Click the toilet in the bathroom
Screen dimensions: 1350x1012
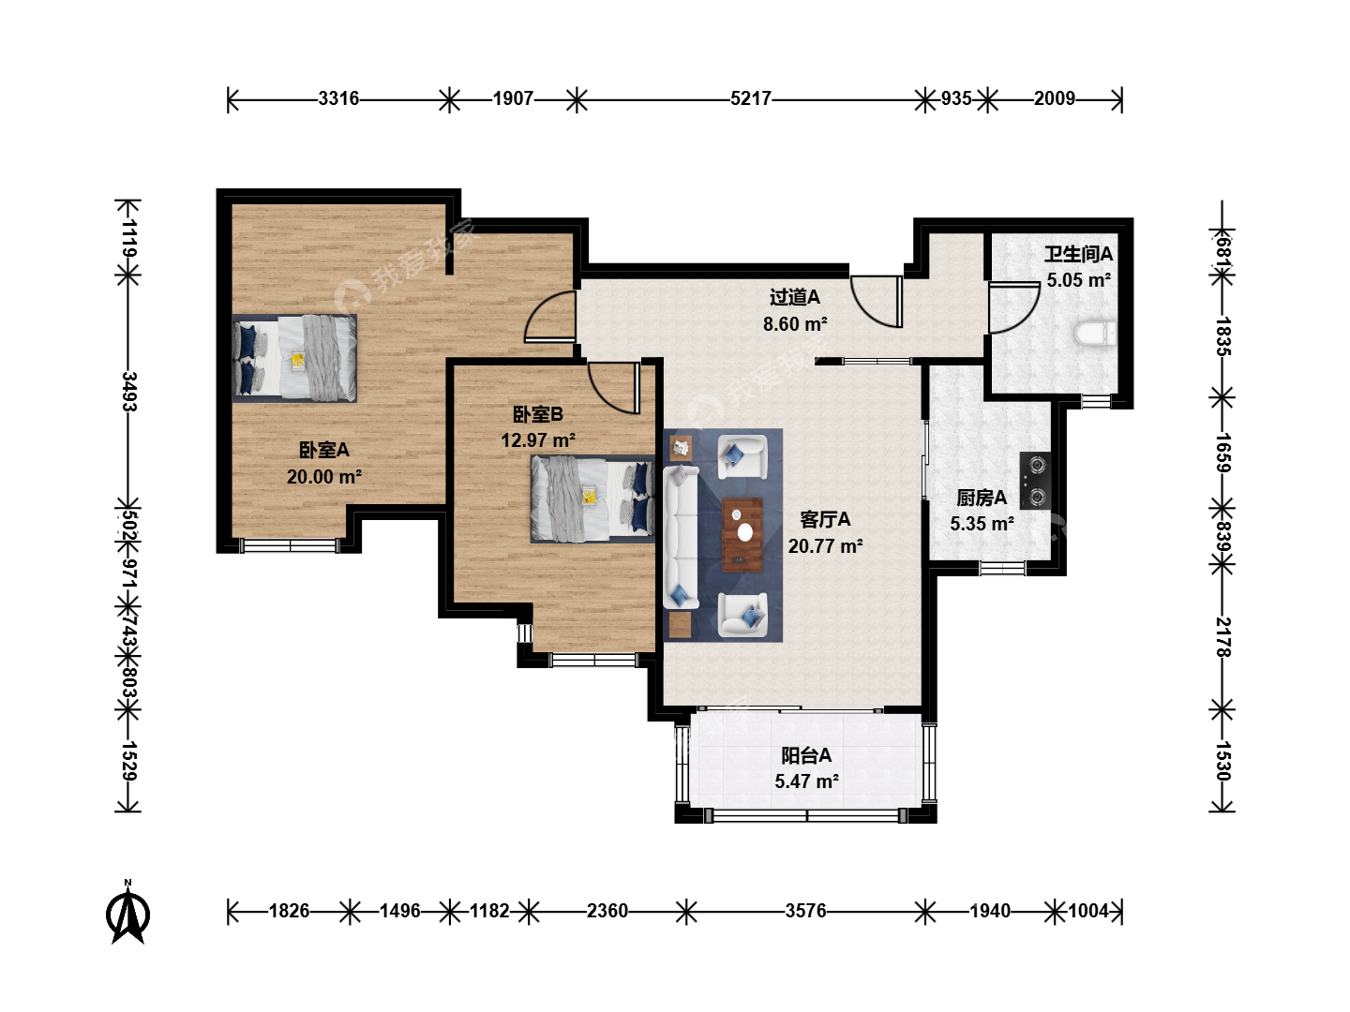(x=1095, y=334)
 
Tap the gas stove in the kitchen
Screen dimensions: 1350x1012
(x=1035, y=481)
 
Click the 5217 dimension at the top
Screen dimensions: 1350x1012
(x=750, y=98)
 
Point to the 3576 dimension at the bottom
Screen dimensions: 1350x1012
(x=805, y=910)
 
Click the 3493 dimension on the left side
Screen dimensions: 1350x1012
(x=129, y=391)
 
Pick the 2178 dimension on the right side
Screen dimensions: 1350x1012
(x=1223, y=637)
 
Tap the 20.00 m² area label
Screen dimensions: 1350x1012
(x=324, y=476)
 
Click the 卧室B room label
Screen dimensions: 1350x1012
(x=537, y=414)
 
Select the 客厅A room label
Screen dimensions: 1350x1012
(x=825, y=519)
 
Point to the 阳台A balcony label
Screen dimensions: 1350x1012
(x=806, y=754)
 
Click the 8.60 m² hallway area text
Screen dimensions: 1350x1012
(x=795, y=323)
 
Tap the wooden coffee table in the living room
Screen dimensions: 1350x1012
(x=742, y=534)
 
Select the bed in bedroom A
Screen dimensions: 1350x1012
(x=294, y=358)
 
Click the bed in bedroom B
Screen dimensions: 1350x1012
(x=592, y=499)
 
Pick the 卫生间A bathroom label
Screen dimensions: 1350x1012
(x=1078, y=254)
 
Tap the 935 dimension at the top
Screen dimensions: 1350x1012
(x=955, y=98)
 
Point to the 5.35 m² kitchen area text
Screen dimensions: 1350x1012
(x=982, y=524)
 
